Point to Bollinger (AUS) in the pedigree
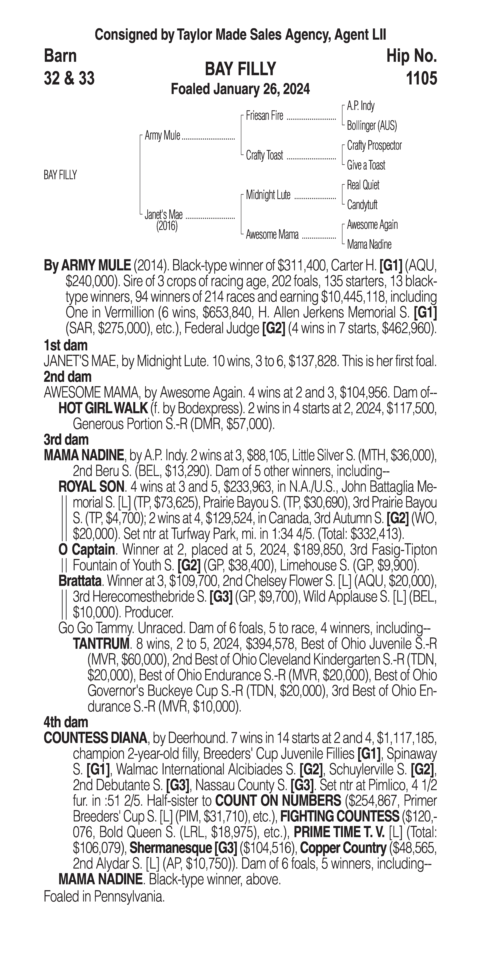pyautogui.click(x=372, y=126)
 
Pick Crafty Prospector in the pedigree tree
pyautogui.click(x=374, y=145)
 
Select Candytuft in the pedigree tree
pyautogui.click(x=362, y=205)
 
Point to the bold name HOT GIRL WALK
pyautogui.click(x=103, y=408)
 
